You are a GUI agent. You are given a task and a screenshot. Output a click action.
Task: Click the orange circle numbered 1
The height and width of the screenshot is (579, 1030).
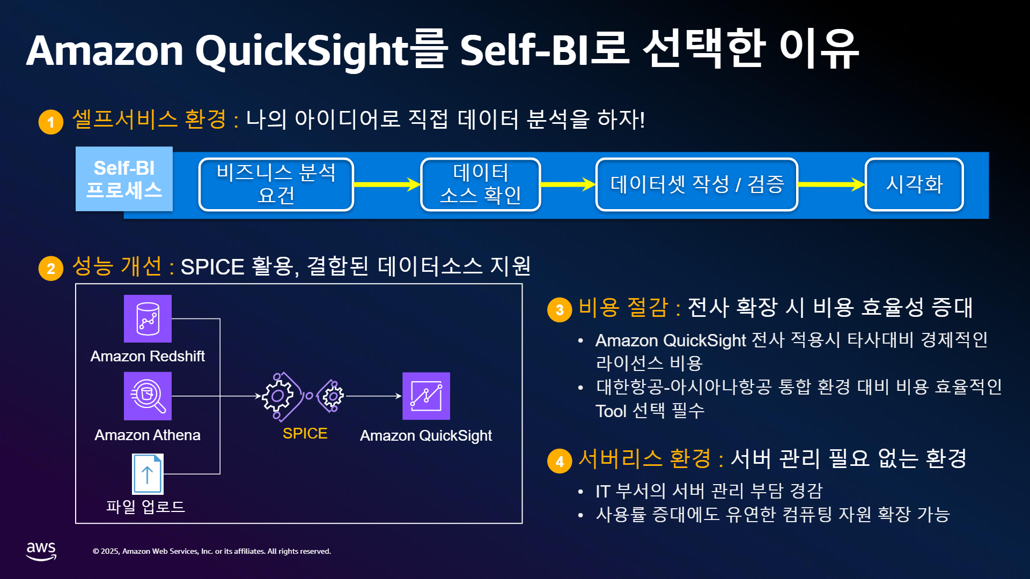pos(51,122)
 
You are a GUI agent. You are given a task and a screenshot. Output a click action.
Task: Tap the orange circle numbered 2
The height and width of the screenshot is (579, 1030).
pos(51,268)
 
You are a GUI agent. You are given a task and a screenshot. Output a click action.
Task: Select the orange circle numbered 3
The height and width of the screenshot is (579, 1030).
pos(560,310)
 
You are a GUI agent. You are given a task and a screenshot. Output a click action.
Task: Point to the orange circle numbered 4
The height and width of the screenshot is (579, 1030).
pos(560,461)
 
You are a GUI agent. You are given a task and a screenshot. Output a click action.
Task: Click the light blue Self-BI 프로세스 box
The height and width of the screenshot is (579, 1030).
pos(124,179)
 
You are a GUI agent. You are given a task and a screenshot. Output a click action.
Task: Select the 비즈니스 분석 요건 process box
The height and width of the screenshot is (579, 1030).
pos(276,184)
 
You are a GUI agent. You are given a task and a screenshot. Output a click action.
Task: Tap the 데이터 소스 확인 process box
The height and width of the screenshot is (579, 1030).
pos(480,184)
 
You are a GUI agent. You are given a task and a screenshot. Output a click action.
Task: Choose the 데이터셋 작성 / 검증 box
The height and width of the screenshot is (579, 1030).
pos(697,184)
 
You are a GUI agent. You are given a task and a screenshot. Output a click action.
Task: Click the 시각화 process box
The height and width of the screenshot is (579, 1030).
pos(914,184)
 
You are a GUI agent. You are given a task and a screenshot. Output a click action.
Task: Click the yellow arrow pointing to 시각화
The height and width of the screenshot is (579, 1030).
pos(832,184)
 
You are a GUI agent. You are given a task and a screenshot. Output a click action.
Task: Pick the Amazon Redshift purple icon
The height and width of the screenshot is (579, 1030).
pos(148,318)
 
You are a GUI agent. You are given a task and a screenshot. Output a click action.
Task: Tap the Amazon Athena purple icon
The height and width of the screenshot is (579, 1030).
pos(148,396)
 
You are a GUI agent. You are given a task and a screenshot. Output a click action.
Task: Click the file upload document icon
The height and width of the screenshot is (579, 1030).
pos(148,474)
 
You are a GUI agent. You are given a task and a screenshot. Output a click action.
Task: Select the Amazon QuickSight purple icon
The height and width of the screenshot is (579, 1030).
pos(426,396)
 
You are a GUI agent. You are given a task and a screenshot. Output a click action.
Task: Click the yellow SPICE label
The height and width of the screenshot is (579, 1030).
pos(305,433)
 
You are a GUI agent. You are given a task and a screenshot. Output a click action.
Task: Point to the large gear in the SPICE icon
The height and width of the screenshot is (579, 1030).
pos(277,396)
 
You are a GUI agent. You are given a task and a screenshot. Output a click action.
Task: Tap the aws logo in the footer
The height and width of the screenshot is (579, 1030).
pos(41,551)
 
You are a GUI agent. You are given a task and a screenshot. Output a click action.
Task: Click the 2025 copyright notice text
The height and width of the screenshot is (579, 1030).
pos(212,551)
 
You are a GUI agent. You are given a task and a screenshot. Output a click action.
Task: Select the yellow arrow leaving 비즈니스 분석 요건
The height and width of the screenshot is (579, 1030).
pos(387,184)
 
